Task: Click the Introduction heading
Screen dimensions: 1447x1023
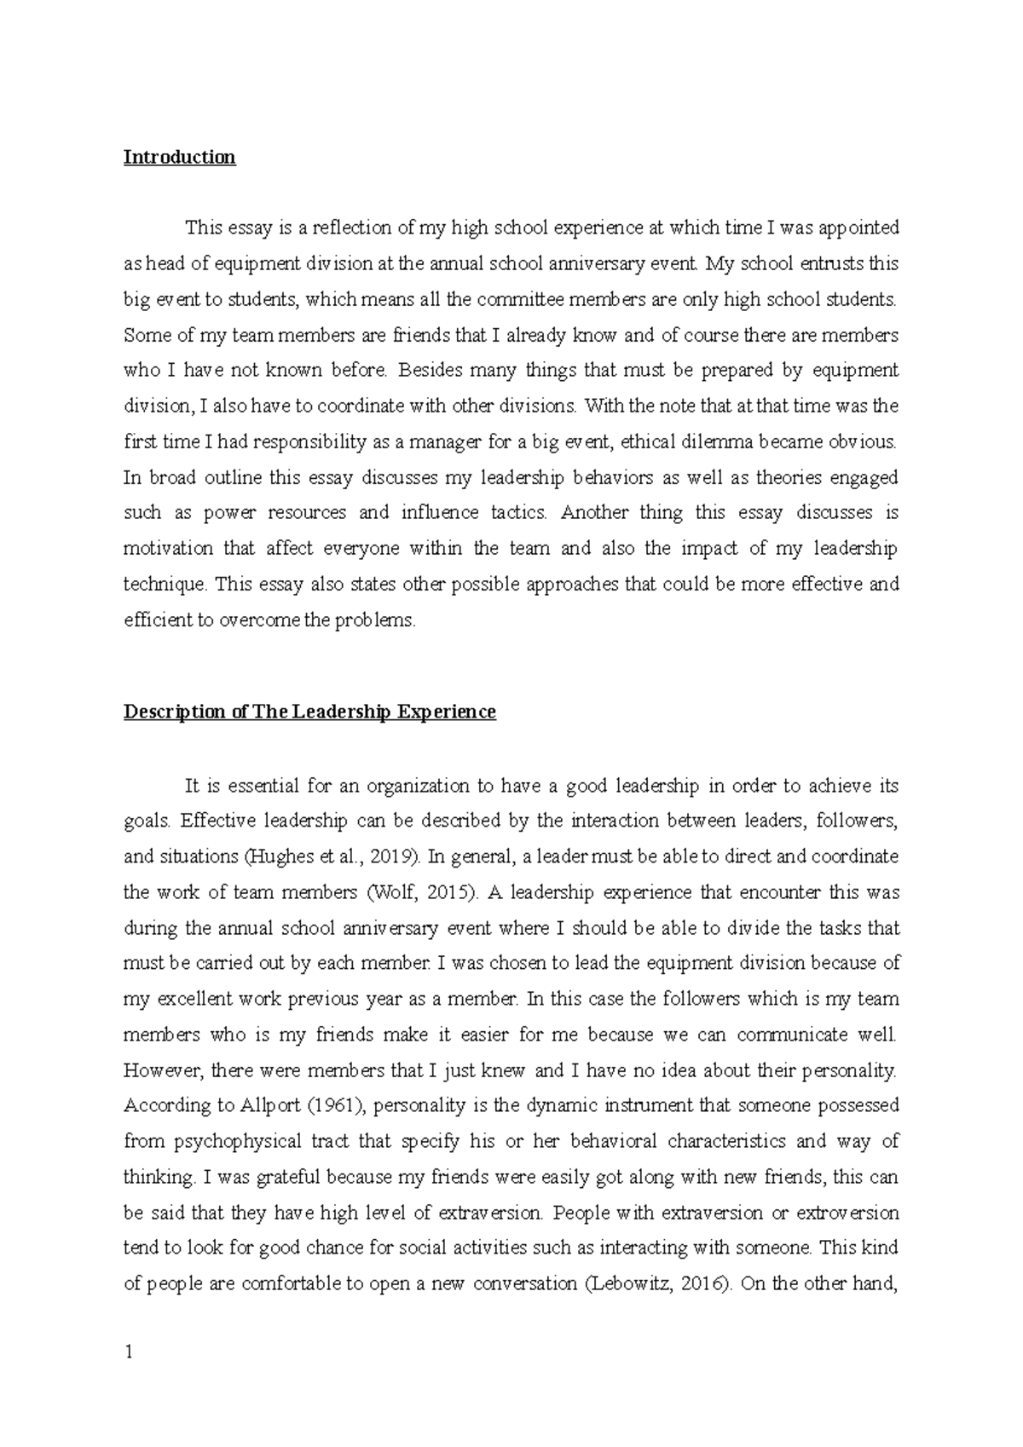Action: click(179, 158)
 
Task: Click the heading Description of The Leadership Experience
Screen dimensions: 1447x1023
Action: click(309, 712)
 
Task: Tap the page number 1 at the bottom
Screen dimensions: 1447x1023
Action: click(129, 1352)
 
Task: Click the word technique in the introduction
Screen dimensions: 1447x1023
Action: click(164, 585)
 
